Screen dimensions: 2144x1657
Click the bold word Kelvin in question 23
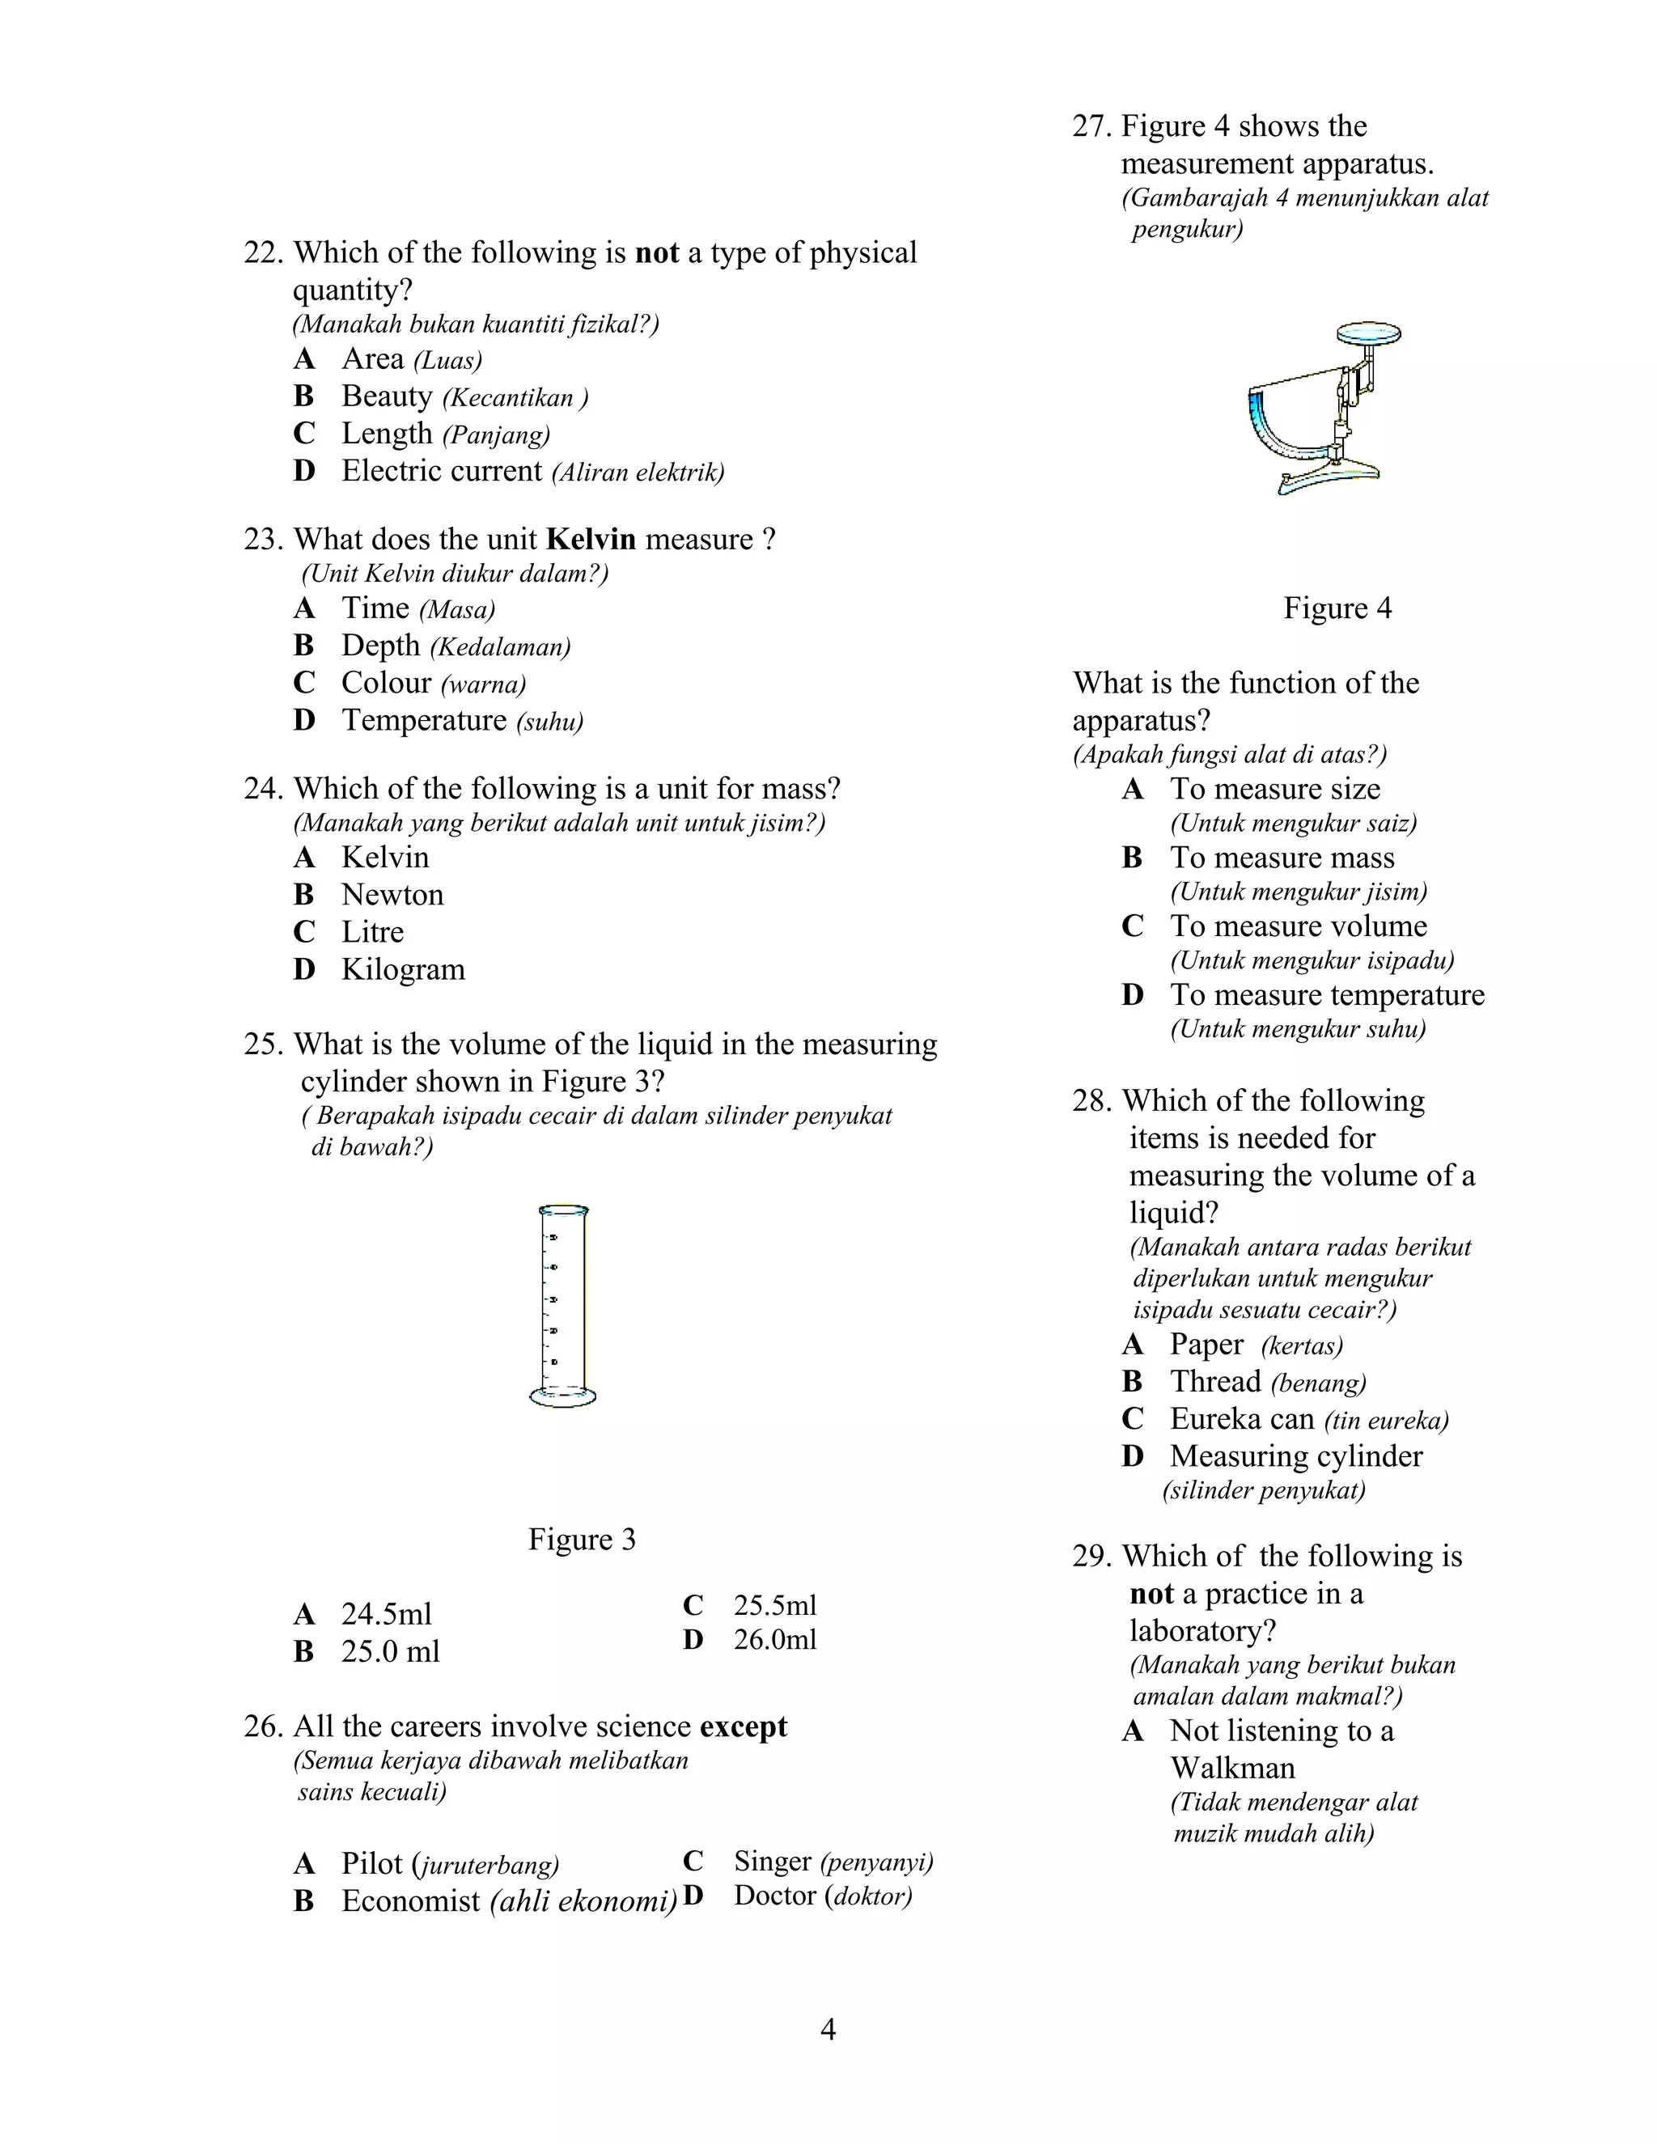[590, 539]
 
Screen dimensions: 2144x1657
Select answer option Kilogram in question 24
[402, 969]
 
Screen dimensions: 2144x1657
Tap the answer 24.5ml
[386, 1614]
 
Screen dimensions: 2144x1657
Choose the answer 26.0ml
[774, 1639]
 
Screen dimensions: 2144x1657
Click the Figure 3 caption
[581, 1538]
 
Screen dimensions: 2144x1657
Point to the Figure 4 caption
[1337, 608]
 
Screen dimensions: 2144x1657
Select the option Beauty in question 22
[387, 396]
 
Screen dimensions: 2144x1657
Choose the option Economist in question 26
[410, 1900]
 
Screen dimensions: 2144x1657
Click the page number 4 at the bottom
[828, 2028]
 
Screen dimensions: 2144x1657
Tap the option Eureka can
[1242, 1418]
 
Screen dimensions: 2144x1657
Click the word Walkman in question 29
[1232, 1768]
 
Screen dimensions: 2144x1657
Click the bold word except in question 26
[743, 1726]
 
